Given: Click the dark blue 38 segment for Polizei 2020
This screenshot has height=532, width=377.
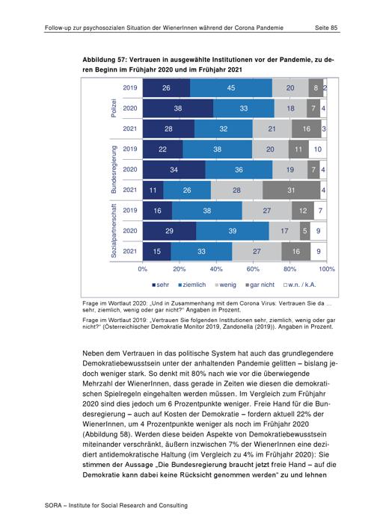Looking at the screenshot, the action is (177, 108).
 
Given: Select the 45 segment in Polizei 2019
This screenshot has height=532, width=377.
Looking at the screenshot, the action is (231, 88).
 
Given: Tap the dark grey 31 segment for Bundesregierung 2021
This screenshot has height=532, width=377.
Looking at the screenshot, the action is (291, 190).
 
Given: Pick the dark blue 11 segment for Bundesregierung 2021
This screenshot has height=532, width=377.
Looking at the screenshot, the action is (153, 190).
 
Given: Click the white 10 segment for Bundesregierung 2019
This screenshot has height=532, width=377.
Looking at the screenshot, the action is (318, 149).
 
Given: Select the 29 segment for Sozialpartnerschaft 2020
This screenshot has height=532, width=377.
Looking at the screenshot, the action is (169, 231).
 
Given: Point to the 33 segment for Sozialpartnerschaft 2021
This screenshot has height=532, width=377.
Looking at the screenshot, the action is (201, 251).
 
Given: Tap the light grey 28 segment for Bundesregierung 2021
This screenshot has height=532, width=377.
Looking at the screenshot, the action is (236, 190).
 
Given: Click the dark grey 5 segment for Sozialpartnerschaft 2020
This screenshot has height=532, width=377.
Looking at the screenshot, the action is (305, 231).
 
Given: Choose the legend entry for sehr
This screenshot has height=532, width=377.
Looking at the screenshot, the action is (160, 285).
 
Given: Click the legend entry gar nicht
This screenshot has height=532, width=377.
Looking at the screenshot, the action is (260, 285).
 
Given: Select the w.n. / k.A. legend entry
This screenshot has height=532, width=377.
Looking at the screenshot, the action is (299, 285).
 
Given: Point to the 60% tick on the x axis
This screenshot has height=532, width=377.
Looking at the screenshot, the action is (253, 269).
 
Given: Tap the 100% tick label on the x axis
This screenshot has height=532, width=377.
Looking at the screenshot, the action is (327, 269).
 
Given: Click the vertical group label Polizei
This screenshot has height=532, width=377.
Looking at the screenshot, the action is (114, 108).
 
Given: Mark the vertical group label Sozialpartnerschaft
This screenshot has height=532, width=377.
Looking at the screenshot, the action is (114, 231).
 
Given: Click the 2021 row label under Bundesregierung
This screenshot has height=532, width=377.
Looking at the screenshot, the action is (129, 190).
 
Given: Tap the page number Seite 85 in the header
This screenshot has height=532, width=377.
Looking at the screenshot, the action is (326, 28).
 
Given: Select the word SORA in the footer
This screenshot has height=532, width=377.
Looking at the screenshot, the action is (53, 505).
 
